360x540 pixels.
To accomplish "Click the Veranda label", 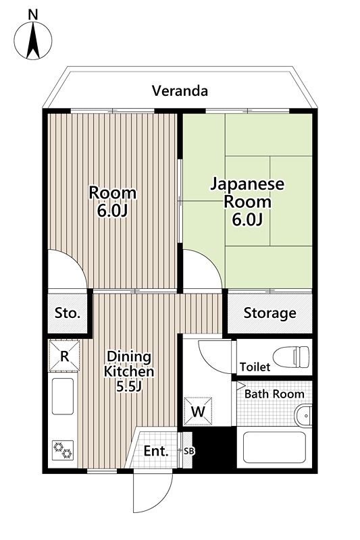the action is pos(180,91).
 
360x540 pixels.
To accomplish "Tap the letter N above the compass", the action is pos(33,14).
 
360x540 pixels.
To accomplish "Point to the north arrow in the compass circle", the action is pos(33,40).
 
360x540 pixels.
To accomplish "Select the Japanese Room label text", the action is pos(247,192).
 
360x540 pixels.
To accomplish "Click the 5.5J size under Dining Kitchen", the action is pos(129,387).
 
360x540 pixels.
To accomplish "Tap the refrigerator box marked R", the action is pos(64,356).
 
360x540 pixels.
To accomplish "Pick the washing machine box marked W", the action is pos(198,411).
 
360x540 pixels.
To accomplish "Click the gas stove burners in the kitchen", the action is pos(63,450).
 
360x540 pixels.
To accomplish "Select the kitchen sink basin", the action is pos(63,396).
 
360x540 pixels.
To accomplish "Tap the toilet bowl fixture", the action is pos(291,357).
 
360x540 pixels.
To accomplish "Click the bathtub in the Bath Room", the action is pos(275,447).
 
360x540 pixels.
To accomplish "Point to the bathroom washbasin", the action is pos(303,416).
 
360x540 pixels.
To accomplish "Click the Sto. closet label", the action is pos(68,313).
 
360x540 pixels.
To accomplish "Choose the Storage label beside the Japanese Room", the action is pos(269,313).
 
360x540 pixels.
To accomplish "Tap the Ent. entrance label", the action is pos(156,451).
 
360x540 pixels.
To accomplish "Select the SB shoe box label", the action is pos(189,451).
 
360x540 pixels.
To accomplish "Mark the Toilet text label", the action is pos(255,367).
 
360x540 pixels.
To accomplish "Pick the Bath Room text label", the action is pos(274,394).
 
